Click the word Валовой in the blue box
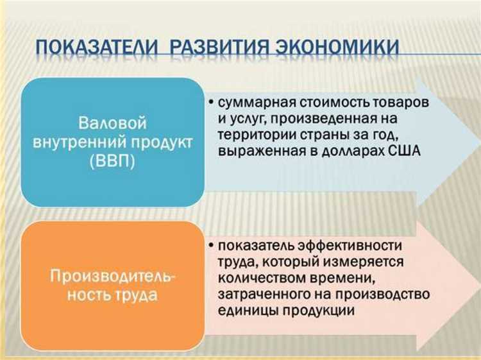point(113,123)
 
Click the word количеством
point(259,278)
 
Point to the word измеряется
point(369,262)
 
